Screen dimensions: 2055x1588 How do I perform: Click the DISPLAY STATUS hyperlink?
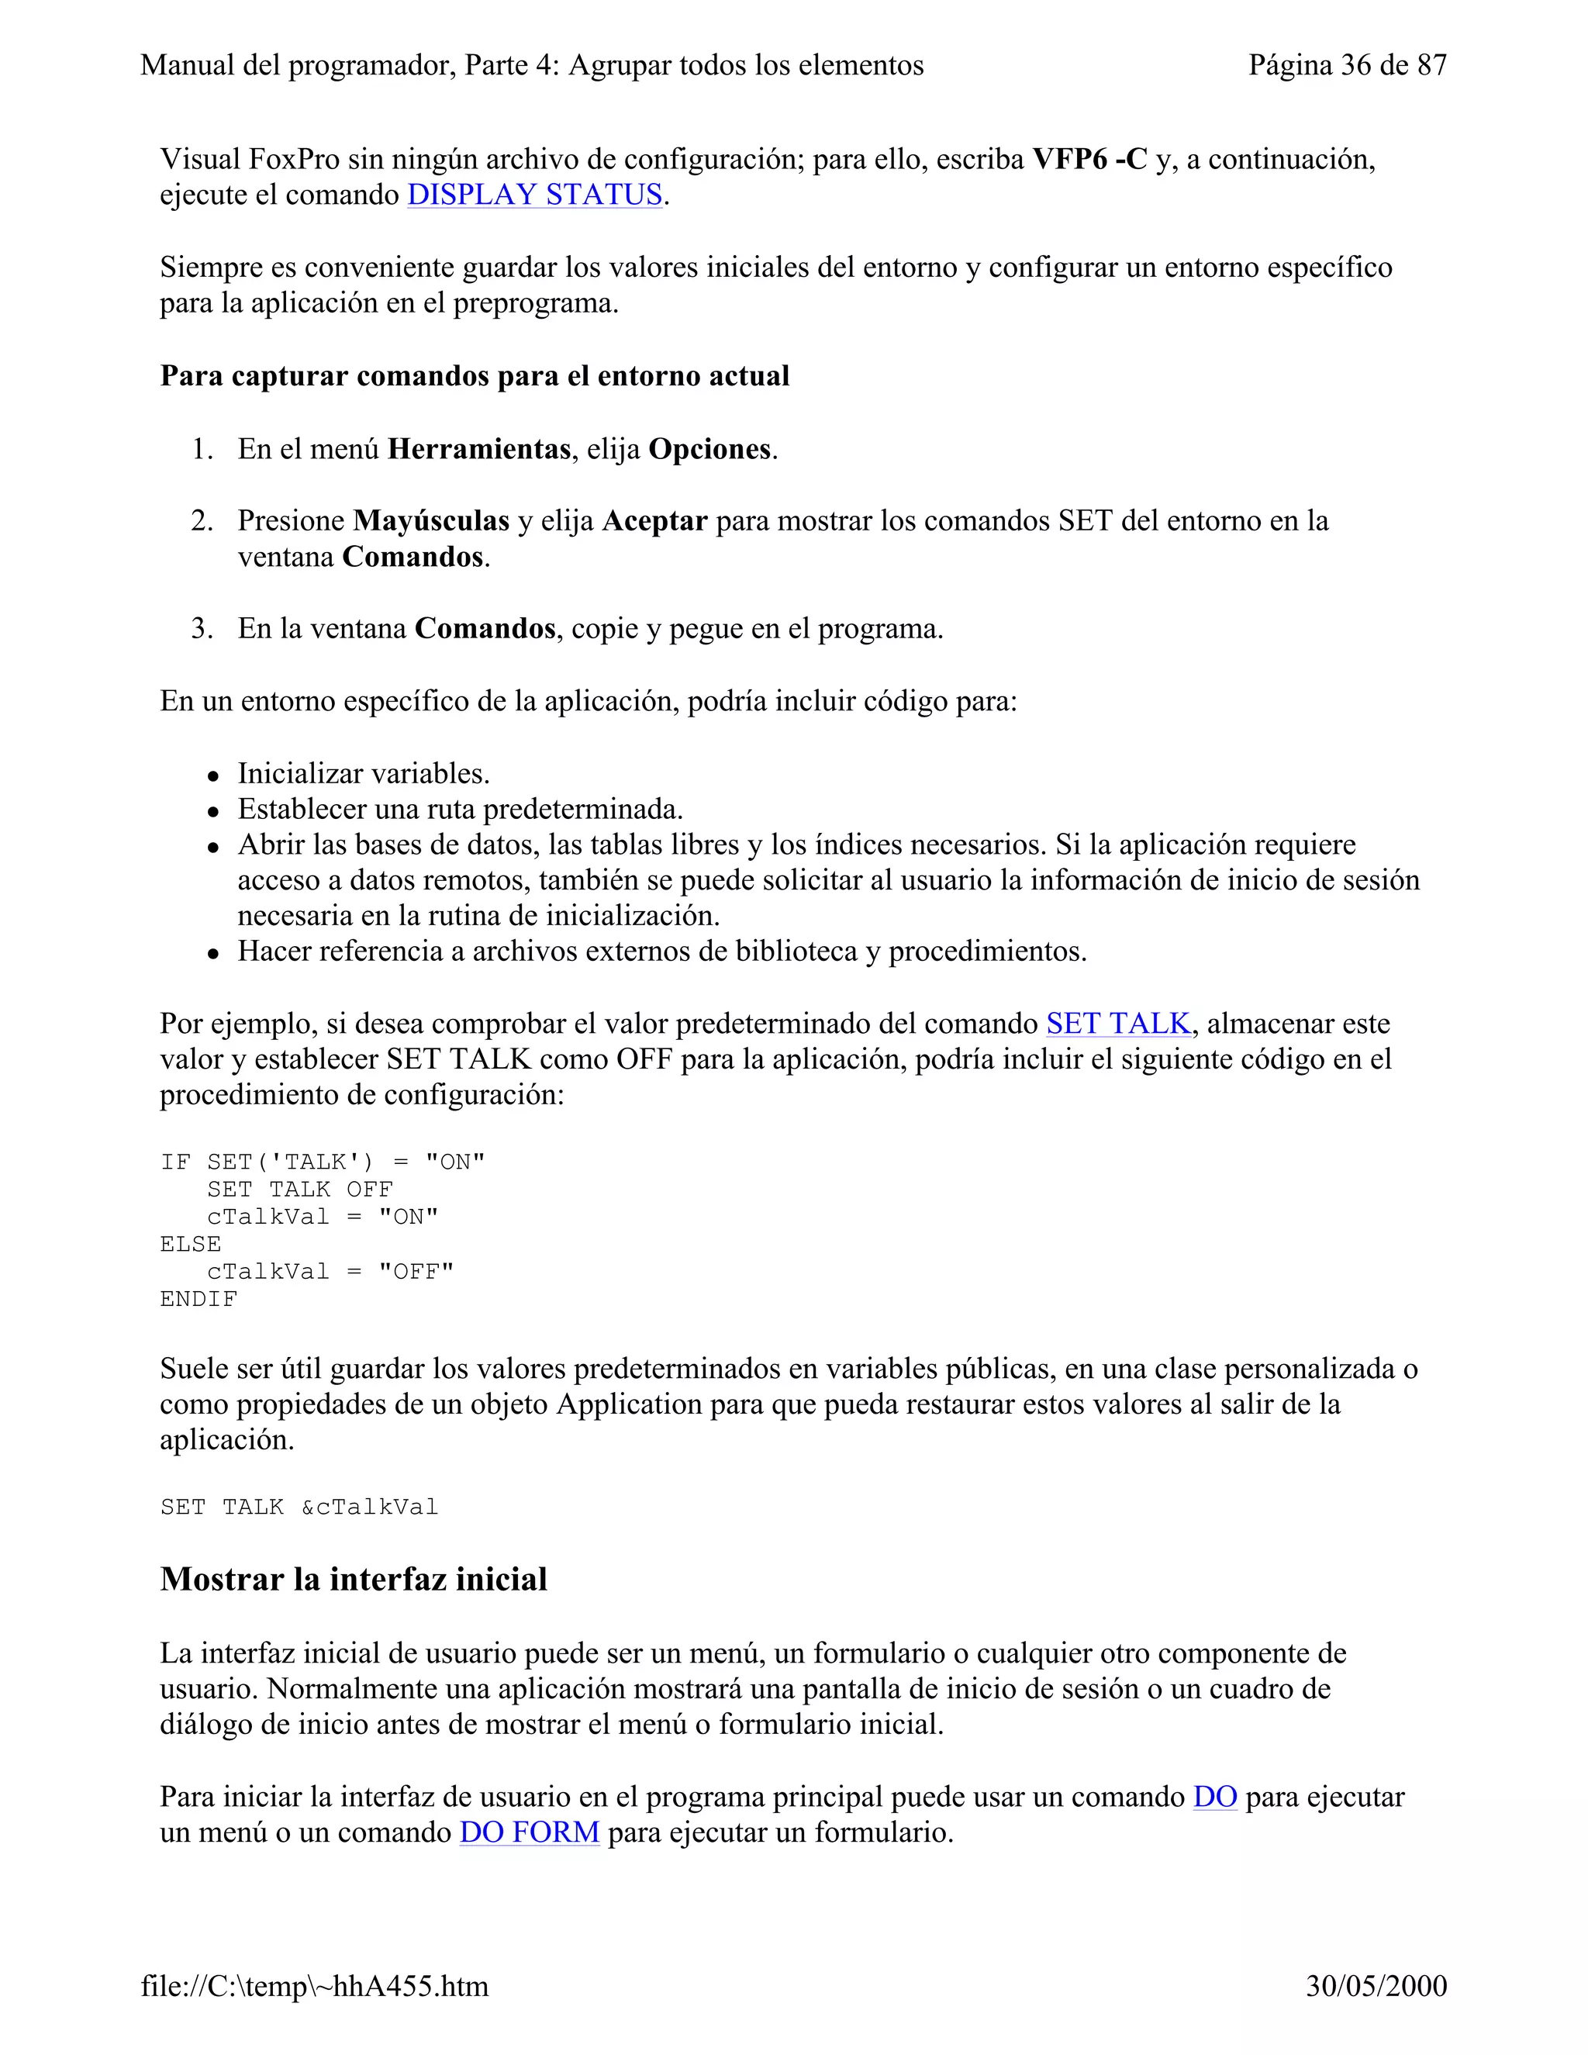coord(534,195)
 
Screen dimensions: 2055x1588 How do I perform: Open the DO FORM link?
coord(529,1833)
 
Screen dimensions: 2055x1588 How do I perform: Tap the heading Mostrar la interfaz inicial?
coord(354,1579)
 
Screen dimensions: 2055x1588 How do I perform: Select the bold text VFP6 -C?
coord(1089,159)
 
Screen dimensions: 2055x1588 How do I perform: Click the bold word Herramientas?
coord(479,449)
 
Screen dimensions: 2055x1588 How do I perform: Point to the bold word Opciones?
coord(709,449)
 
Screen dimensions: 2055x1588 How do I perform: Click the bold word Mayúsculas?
coord(431,521)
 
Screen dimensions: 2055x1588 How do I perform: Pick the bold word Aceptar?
coord(654,521)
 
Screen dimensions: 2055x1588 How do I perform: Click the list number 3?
coord(202,629)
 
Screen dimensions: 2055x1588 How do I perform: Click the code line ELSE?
coord(191,1244)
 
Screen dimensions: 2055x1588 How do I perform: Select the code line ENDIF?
coord(198,1300)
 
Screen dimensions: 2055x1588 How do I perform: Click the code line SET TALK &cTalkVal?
coord(299,1508)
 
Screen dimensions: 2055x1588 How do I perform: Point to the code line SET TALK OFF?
coord(299,1190)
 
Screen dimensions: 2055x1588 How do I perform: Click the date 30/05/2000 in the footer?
coord(1376,1986)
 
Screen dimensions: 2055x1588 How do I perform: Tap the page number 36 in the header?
coord(1355,65)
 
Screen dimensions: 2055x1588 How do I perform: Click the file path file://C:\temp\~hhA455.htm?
coord(314,1986)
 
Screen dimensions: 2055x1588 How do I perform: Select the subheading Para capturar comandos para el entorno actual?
coord(474,376)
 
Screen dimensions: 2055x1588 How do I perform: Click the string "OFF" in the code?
coord(416,1272)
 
